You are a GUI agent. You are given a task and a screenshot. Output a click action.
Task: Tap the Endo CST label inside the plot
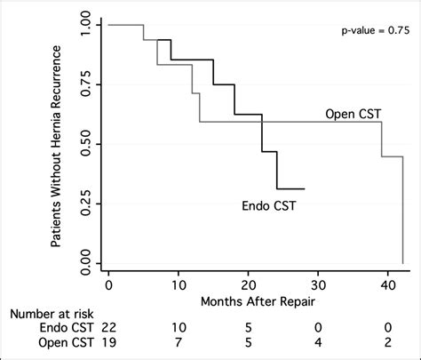(x=269, y=206)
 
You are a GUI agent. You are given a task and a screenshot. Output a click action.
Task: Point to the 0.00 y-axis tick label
(x=80, y=263)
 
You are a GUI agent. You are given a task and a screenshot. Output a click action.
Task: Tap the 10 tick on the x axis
(x=178, y=285)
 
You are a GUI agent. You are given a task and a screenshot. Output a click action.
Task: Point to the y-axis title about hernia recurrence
(x=56, y=144)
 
